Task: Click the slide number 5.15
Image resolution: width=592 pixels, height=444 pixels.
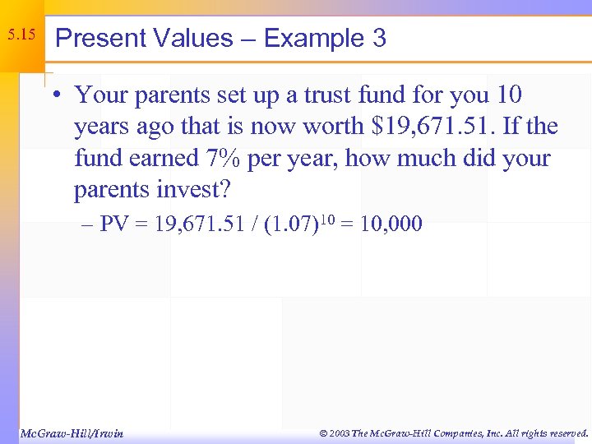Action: [21, 35]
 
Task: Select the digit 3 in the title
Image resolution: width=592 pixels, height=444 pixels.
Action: [379, 39]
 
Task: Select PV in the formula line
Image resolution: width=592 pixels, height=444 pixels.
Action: [114, 224]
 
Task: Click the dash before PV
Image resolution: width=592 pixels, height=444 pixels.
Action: [87, 224]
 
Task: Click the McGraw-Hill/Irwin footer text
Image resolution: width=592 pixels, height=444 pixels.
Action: [72, 432]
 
